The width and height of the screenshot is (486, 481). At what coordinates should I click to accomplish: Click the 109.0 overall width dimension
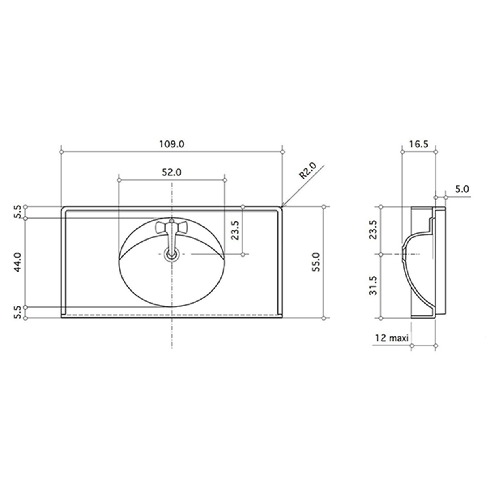[172, 144]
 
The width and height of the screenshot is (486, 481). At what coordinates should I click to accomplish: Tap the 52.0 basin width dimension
[171, 172]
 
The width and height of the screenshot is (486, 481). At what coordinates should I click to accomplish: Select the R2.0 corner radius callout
[308, 171]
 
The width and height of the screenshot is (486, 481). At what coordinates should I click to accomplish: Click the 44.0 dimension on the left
[18, 262]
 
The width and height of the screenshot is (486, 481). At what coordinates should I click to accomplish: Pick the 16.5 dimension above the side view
[419, 144]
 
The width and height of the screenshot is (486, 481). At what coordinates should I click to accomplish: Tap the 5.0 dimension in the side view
[462, 189]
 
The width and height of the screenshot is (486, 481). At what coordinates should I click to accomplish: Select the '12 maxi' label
[392, 338]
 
